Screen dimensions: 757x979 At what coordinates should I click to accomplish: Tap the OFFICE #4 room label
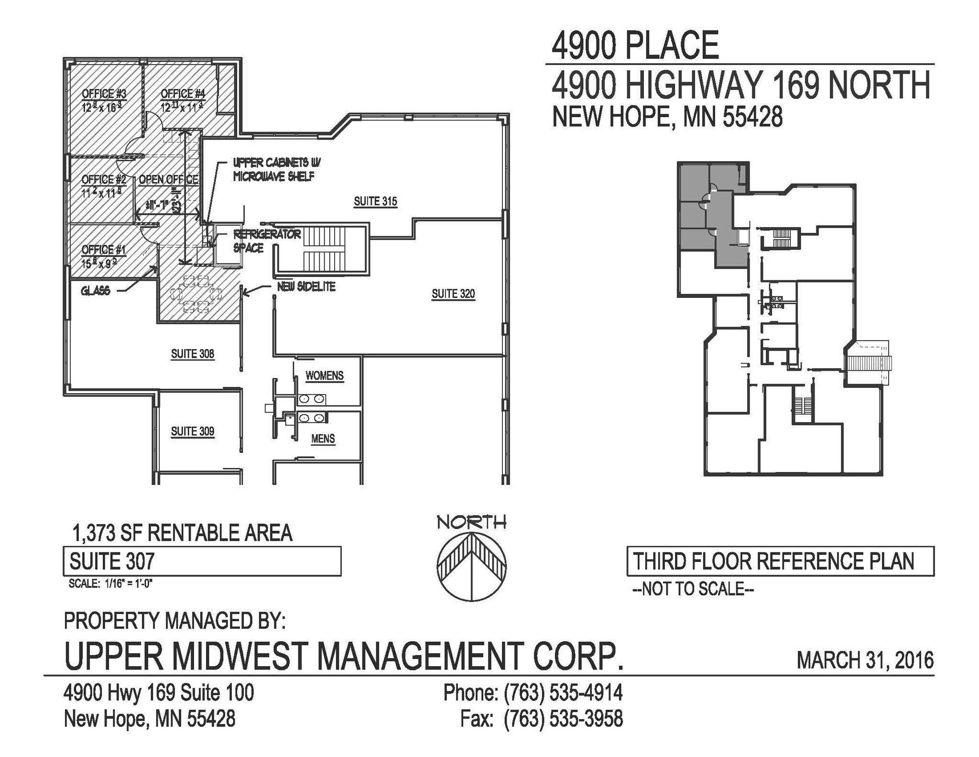(183, 94)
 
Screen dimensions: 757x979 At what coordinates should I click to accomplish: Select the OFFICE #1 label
(103, 250)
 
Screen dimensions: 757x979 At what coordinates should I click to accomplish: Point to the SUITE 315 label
(375, 201)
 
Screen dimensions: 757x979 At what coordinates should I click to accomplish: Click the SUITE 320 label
(453, 294)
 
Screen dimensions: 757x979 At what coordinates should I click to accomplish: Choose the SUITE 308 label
(193, 354)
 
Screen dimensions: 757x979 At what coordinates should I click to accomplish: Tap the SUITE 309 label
(193, 431)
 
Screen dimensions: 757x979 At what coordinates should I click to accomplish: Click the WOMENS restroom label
(325, 376)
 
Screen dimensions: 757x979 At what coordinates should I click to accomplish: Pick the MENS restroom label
(323, 439)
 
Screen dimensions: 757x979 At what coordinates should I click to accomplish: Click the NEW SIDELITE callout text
(306, 287)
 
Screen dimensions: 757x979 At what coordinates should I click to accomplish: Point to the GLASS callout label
(96, 291)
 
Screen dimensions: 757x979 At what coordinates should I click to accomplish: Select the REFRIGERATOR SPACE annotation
(266, 241)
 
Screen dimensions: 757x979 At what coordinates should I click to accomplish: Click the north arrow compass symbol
(472, 565)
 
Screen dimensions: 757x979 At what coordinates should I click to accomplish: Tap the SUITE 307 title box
(202, 561)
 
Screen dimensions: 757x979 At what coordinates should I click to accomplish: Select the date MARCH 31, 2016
(865, 660)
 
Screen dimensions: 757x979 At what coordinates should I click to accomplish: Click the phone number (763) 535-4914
(563, 692)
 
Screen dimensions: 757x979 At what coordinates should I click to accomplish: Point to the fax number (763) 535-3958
(563, 719)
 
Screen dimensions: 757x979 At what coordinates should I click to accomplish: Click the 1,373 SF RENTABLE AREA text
(182, 533)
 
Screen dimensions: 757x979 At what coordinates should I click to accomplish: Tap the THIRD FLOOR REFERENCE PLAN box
(780, 561)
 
